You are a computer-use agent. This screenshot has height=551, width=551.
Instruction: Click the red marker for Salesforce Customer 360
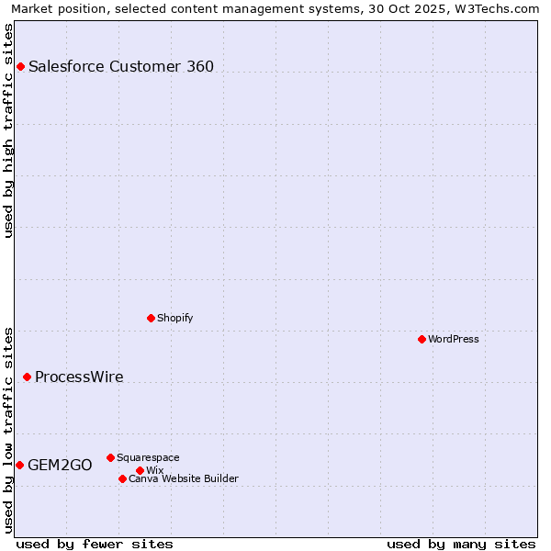20,66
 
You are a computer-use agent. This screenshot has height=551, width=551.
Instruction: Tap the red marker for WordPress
422,339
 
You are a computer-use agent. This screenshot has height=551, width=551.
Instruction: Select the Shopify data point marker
151,318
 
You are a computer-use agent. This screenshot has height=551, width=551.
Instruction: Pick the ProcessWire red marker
27,377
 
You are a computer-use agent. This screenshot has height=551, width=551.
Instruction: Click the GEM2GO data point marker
19,465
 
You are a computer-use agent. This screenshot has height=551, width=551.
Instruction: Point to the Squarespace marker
110,457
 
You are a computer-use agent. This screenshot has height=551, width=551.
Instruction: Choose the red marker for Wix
140,470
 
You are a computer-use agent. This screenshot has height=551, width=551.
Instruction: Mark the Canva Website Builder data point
122,478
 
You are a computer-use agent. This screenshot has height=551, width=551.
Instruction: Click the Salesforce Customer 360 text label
121,66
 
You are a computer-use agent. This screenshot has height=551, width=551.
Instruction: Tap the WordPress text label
454,339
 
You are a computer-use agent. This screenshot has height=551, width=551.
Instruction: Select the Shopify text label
174,318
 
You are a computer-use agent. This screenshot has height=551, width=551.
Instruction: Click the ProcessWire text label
79,377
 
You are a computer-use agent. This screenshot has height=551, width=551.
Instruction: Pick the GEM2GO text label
60,465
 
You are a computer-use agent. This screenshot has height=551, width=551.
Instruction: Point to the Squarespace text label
148,457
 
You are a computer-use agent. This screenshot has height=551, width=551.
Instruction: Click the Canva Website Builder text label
184,478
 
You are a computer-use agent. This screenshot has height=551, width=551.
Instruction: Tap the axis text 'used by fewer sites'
95,544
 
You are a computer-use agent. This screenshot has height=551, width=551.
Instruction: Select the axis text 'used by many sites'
461,544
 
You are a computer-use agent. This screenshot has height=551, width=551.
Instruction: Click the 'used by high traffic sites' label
8,130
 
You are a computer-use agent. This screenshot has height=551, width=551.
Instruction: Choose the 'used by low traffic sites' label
8,429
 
